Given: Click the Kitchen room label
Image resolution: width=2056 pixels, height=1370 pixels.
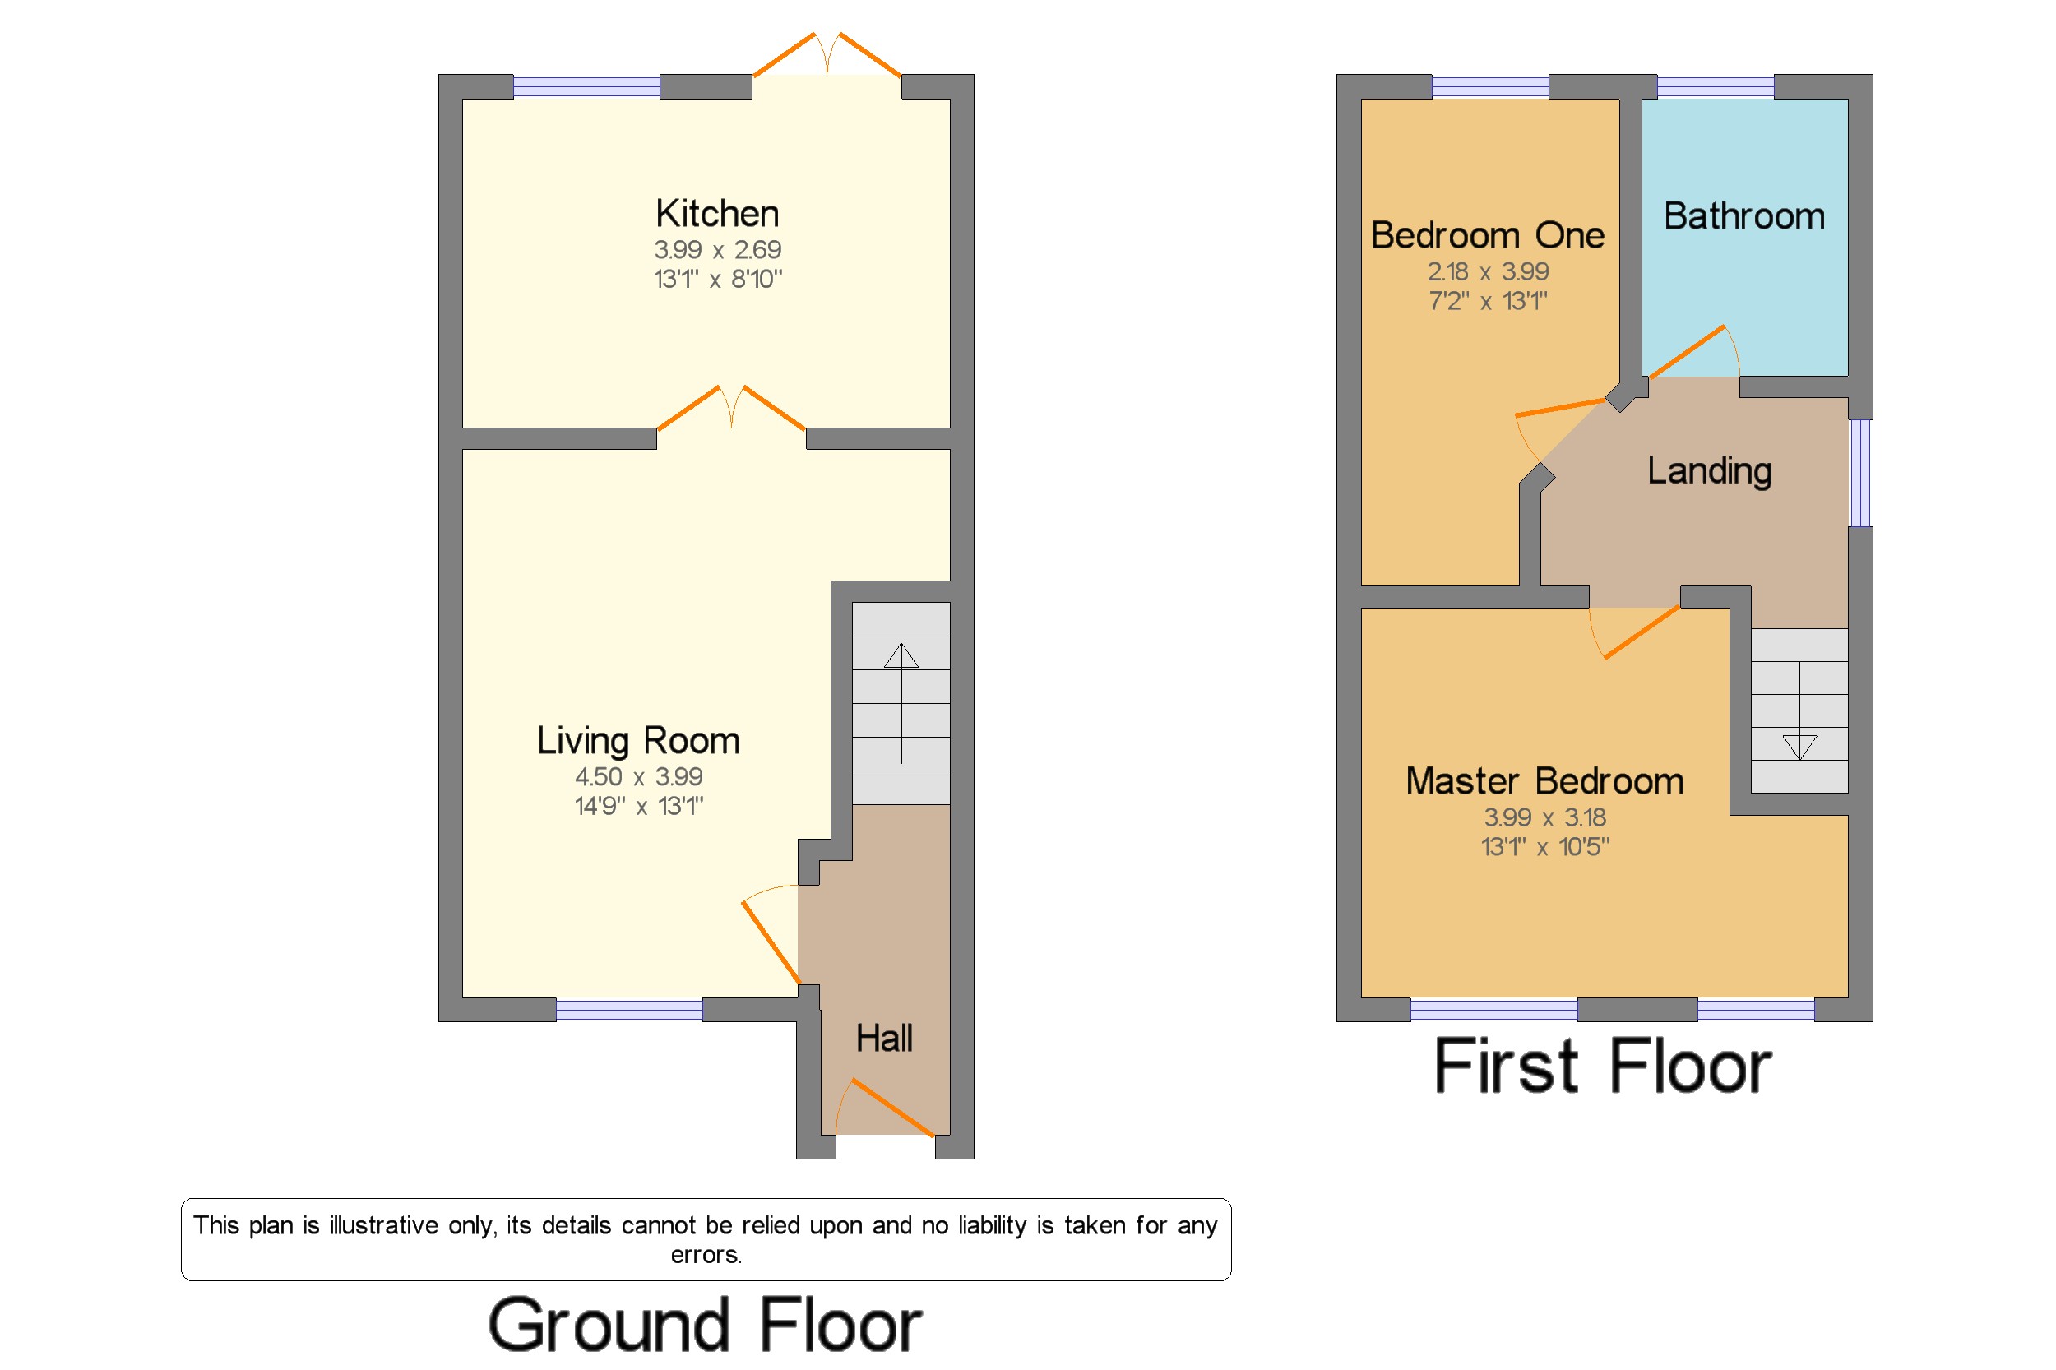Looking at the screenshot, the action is click(716, 213).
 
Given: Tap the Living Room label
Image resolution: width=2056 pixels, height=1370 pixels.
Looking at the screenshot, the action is click(638, 741).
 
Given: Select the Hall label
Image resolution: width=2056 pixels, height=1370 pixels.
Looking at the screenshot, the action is click(883, 1038).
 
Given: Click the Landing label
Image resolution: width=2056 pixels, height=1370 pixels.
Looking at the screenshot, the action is click(1709, 471).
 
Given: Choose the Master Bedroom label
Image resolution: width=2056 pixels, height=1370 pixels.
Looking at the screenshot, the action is click(1544, 781).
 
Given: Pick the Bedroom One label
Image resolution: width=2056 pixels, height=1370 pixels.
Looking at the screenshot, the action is click(1487, 235).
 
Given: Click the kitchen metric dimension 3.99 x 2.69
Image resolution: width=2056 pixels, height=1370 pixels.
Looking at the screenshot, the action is click(717, 250).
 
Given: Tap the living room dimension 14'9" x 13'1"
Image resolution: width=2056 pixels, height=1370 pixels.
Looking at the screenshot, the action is click(639, 806).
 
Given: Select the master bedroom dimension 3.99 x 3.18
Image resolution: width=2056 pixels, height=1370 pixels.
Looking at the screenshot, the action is click(1544, 817).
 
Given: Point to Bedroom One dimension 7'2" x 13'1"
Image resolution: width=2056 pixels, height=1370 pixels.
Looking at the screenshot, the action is click(1487, 302).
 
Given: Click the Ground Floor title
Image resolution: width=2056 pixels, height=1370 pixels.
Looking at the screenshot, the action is click(704, 1325).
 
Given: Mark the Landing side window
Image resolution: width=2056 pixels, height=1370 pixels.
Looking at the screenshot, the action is click(1860, 473).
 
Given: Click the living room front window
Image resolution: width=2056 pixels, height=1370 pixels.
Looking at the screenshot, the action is click(629, 1010).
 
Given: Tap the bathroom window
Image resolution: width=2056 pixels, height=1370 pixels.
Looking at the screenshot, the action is click(1716, 86).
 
